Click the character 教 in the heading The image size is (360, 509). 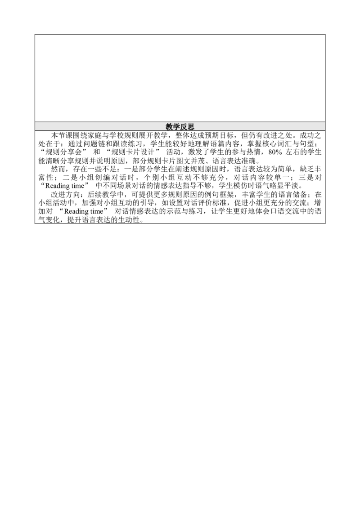tap(169, 127)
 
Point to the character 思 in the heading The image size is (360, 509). tap(191, 127)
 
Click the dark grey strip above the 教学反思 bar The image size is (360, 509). tap(180, 120)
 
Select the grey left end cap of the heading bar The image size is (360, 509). tap(33, 126)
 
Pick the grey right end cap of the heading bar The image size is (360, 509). tap(327, 126)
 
